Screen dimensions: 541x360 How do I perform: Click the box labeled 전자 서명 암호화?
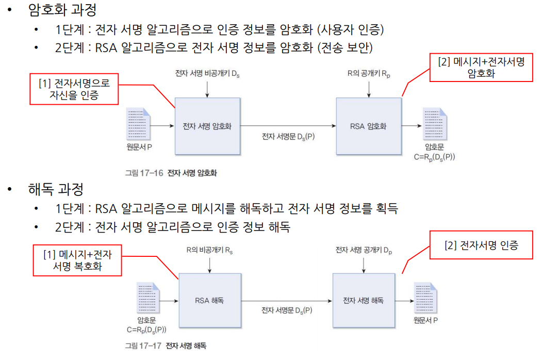point(207,126)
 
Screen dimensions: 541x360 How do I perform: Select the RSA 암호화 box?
point(368,126)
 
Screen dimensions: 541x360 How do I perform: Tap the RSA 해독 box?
point(210,300)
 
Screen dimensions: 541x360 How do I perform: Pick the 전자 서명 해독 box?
point(363,300)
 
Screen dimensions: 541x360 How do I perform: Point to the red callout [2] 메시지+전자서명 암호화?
point(481,68)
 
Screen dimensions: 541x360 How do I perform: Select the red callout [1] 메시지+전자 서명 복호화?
point(77,260)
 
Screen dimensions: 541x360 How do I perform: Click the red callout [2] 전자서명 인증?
point(481,246)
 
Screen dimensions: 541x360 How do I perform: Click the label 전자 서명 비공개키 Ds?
point(207,74)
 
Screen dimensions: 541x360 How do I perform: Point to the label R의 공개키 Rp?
point(369,74)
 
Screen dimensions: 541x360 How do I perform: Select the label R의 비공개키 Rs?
point(210,250)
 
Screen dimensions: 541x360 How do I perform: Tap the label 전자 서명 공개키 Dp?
point(364,250)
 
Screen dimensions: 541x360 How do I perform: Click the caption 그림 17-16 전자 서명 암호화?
point(171,173)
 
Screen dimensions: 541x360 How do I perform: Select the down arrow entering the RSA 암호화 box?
point(369,90)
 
